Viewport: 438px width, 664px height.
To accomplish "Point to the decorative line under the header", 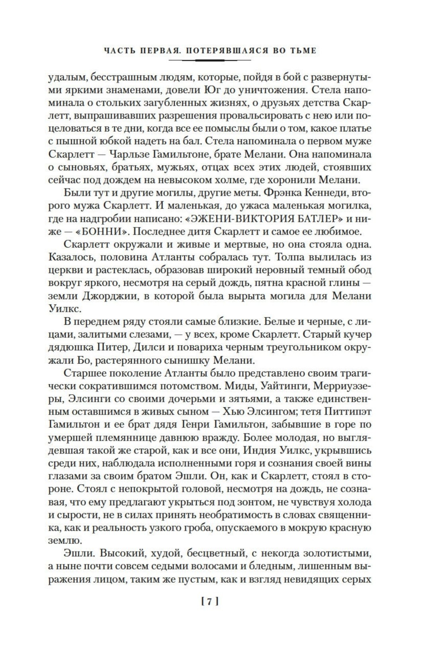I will point(210,60).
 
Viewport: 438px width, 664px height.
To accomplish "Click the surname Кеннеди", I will point(323,193).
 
